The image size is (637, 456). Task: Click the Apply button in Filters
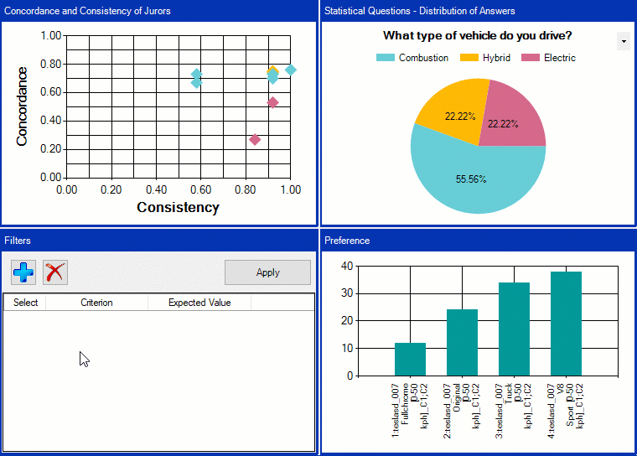click(x=267, y=272)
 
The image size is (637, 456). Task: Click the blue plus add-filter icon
click(x=23, y=272)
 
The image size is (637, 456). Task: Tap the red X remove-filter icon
click(x=55, y=272)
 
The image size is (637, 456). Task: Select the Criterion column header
click(x=96, y=303)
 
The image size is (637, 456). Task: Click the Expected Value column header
click(x=199, y=303)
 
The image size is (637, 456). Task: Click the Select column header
click(x=25, y=303)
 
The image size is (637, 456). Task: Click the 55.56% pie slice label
click(x=471, y=179)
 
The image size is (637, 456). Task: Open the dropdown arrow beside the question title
click(x=623, y=41)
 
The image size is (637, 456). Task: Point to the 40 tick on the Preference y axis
click(x=347, y=266)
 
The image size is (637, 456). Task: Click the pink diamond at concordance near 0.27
click(x=255, y=139)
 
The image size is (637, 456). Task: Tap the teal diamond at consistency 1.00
click(x=290, y=70)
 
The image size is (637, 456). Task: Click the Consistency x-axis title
click(x=178, y=207)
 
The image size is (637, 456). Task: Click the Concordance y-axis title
click(x=23, y=106)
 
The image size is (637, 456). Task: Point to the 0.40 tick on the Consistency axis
click(x=156, y=189)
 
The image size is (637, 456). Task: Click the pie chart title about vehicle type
click(x=478, y=35)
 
